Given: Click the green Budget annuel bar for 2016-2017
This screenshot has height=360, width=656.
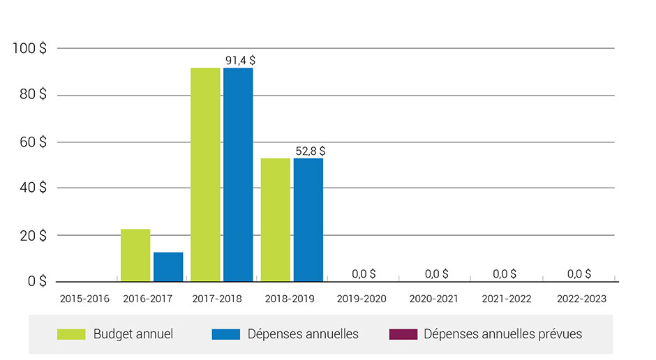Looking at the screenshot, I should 135,255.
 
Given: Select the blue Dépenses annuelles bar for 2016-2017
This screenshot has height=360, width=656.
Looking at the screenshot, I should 168,267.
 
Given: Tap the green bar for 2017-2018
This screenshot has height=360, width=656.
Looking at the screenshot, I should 205,174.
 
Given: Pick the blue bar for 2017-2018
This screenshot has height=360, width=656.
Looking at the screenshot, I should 238,174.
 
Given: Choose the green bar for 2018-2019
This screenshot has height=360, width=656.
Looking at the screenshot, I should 275,220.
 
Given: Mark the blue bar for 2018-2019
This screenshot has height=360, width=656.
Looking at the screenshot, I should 308,220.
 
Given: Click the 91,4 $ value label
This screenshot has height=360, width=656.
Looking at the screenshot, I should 240,61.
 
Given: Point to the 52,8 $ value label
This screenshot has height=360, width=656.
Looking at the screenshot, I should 310,151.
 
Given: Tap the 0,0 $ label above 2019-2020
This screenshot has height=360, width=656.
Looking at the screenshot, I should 364,273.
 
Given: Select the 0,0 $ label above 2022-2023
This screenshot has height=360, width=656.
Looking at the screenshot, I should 579,273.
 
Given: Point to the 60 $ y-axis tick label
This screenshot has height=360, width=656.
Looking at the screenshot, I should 33,142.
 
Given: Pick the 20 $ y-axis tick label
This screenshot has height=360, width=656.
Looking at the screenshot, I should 33,235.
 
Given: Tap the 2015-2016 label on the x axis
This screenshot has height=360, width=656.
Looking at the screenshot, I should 85,299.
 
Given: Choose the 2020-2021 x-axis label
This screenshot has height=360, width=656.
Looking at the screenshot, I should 433,299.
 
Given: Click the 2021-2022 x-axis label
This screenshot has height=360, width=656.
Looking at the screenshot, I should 506,299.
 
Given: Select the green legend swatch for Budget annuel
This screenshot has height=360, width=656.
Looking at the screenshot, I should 71,334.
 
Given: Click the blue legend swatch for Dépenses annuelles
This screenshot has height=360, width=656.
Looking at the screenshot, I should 225,334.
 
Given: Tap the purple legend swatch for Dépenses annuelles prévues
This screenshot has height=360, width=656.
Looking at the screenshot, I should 403,334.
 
